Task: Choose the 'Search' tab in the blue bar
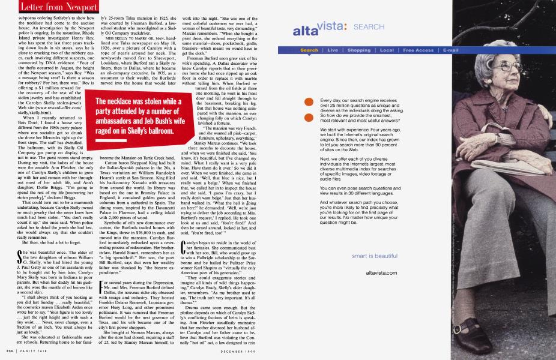click(x=309, y=50)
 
